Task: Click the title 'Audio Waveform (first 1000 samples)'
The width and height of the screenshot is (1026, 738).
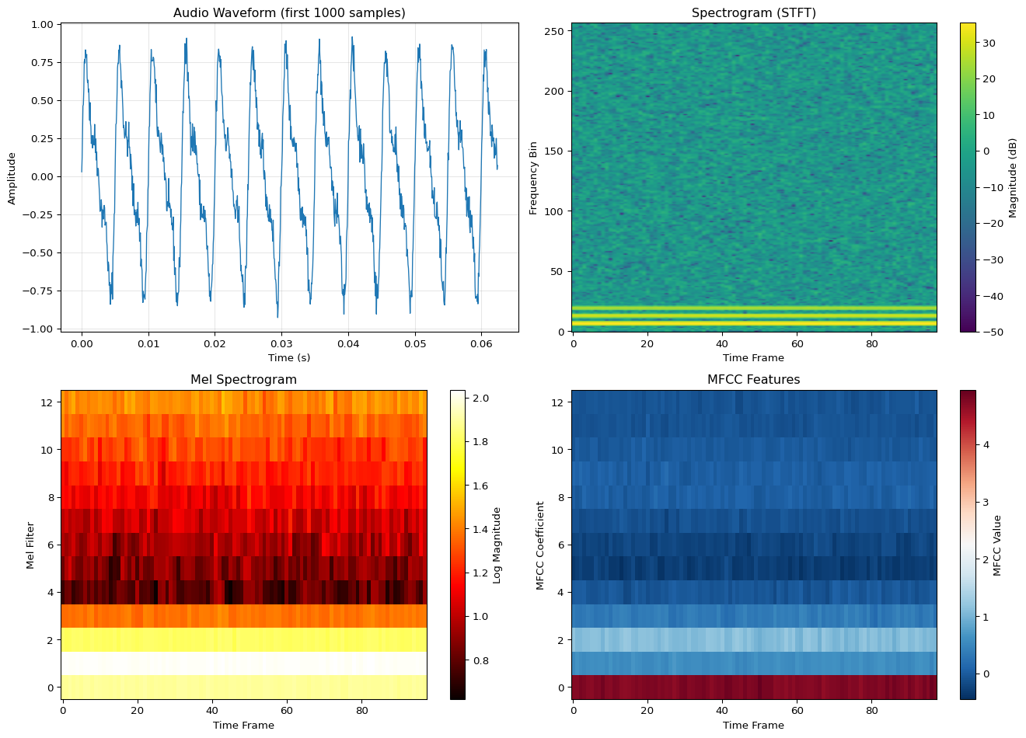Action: [289, 13]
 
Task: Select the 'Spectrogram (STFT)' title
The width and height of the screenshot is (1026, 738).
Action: [753, 13]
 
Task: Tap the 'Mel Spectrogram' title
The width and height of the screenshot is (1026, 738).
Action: [243, 380]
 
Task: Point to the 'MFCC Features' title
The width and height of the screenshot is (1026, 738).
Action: [753, 380]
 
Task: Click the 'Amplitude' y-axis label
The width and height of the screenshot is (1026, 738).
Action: [12, 178]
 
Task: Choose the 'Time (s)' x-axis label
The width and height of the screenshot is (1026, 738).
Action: [289, 357]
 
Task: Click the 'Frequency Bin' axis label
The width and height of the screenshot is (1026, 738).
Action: [533, 178]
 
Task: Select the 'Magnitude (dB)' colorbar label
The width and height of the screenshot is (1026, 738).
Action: [1013, 178]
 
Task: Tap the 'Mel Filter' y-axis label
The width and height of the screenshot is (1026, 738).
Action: [30, 545]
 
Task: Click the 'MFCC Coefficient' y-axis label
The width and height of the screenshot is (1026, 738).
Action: [540, 545]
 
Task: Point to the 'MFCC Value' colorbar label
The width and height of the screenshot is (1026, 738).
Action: [997, 545]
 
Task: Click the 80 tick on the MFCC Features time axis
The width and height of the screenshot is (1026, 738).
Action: [871, 710]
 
